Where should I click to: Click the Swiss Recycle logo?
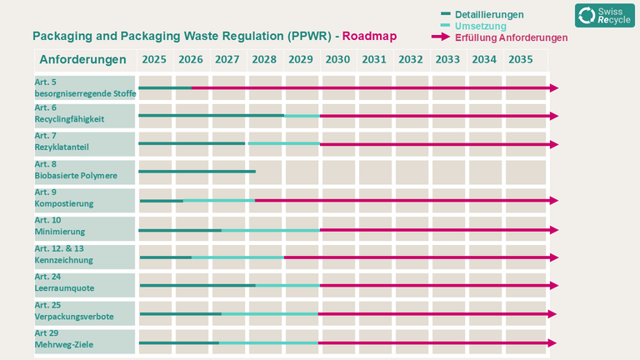605,16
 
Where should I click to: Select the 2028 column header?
264,60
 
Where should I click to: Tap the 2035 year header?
520,60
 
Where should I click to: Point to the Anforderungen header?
82,60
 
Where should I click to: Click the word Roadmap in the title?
369,36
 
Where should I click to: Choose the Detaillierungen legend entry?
482,15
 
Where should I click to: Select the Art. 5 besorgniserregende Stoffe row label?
85,87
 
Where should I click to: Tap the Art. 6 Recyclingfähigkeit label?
69,113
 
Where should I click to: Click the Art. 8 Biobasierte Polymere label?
76,170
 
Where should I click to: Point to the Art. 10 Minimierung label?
60,226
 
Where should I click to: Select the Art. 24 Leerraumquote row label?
64,282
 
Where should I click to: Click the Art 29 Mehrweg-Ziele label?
64,339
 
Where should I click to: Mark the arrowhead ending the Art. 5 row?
554,87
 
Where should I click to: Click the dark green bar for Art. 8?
197,172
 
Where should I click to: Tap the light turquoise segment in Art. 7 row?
284,143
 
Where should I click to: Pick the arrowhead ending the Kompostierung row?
554,200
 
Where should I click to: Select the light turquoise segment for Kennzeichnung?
238,257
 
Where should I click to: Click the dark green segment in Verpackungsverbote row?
181,314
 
